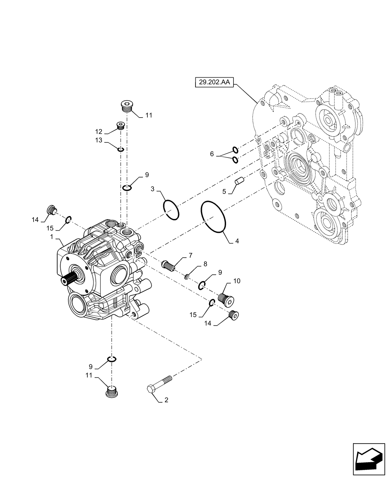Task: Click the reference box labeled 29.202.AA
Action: coord(214,82)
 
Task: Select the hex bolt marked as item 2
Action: coord(159,384)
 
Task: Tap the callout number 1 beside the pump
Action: coord(52,237)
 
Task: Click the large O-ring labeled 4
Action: coord(213,216)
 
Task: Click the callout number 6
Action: coord(212,154)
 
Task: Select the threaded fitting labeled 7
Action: coord(168,265)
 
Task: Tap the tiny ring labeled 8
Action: coord(186,277)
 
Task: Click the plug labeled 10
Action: coord(226,297)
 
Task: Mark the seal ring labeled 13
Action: coord(121,149)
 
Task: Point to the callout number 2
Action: coord(166,400)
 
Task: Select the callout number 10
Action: coord(237,281)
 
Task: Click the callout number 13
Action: coord(99,140)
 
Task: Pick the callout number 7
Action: coord(191,255)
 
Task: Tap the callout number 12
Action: coord(99,131)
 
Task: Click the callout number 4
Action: coord(237,241)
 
